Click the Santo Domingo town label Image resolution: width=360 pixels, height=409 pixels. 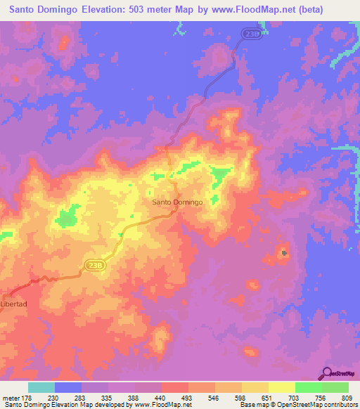pos(177,202)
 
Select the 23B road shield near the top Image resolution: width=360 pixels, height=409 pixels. pos(253,33)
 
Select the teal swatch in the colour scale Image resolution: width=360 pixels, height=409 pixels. pos(41,387)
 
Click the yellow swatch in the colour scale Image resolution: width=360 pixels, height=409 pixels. pos(281,387)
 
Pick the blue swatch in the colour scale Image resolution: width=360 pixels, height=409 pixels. pos(68,387)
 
